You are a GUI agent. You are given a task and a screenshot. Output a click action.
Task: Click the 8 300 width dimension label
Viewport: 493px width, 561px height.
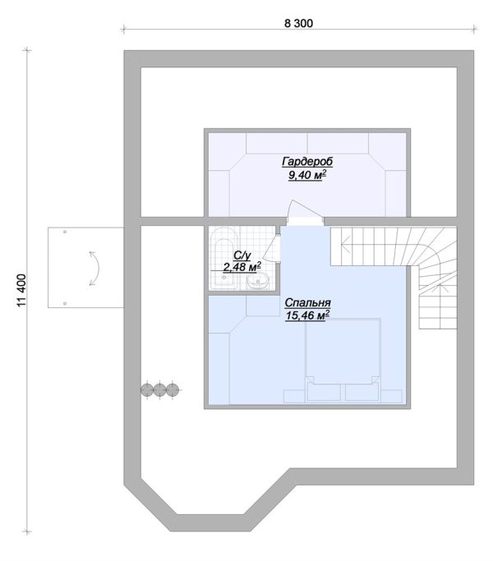[298, 23]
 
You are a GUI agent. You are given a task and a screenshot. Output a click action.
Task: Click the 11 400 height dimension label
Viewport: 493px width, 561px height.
[21, 290]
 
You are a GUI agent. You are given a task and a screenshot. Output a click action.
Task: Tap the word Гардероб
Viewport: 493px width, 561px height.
[307, 161]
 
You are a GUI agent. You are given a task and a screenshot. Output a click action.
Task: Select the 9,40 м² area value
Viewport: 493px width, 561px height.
[307, 175]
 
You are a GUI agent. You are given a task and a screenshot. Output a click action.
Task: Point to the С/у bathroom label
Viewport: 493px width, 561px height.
[242, 255]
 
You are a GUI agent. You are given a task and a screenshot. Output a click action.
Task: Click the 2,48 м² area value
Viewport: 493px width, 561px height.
[242, 267]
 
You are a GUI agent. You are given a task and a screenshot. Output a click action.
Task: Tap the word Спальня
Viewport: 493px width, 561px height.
[307, 303]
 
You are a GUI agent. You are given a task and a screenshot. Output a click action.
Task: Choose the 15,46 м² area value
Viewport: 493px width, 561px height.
[307, 315]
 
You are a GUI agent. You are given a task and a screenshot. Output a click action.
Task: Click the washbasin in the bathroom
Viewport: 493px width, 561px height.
[258, 280]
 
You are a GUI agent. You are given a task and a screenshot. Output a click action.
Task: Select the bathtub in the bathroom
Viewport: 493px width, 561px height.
[223, 258]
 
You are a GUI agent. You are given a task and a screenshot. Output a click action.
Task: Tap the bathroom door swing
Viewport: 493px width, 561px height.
[271, 248]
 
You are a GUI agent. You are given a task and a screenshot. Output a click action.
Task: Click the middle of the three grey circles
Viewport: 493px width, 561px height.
[159, 389]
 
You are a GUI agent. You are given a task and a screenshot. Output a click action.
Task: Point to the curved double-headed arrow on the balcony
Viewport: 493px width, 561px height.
[95, 269]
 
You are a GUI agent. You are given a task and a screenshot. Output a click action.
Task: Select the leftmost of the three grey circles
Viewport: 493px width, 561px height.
[147, 389]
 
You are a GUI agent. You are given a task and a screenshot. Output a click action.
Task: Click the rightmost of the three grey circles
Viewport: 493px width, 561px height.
[173, 389]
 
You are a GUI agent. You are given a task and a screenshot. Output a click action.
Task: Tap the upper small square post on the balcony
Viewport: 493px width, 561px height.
[65, 232]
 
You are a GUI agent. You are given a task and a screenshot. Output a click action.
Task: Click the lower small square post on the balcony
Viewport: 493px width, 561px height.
[65, 303]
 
